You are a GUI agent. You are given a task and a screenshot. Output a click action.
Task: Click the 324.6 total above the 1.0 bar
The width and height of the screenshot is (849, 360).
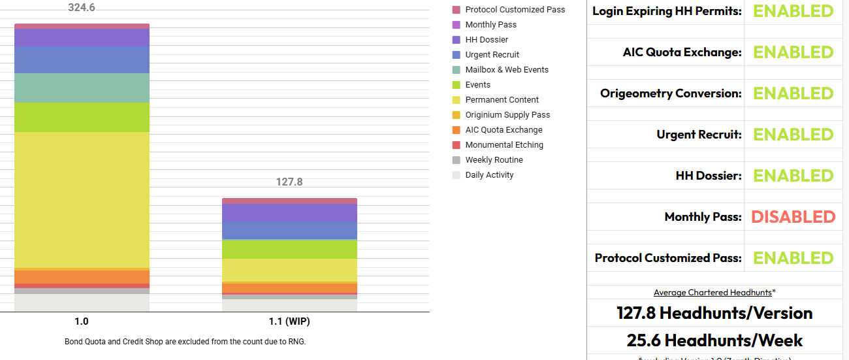pyautogui.click(x=82, y=8)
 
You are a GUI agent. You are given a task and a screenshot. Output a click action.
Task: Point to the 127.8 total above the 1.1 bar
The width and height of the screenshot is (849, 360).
pyautogui.click(x=289, y=182)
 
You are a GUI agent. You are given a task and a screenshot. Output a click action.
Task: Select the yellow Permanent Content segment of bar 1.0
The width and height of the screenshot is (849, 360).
pyautogui.click(x=82, y=199)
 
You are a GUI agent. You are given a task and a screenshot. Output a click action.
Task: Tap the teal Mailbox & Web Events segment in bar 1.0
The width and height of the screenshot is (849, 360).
pyautogui.click(x=82, y=88)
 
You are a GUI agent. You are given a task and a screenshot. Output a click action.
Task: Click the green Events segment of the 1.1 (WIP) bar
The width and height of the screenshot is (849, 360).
pyautogui.click(x=289, y=249)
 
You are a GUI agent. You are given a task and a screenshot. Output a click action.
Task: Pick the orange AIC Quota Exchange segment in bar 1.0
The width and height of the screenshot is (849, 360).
pyautogui.click(x=82, y=276)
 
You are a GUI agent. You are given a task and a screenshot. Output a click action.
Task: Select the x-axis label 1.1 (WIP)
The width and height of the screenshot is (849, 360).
pyautogui.click(x=289, y=322)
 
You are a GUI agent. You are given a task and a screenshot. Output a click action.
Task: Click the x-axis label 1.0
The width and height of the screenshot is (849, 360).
pyautogui.click(x=82, y=322)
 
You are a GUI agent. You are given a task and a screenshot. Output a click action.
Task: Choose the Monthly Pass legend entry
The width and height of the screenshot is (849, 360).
pyautogui.click(x=490, y=25)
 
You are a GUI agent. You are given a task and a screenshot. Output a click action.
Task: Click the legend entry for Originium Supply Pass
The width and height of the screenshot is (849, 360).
pyautogui.click(x=507, y=115)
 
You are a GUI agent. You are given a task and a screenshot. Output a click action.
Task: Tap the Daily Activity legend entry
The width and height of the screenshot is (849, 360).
pyautogui.click(x=489, y=175)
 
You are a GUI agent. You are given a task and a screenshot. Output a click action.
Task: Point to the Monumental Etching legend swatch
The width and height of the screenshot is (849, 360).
pyautogui.click(x=457, y=145)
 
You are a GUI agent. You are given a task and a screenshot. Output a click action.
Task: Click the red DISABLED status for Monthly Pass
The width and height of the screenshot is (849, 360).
pyautogui.click(x=793, y=217)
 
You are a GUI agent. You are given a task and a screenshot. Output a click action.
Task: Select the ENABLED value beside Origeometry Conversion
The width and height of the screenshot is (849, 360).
pyautogui.click(x=793, y=93)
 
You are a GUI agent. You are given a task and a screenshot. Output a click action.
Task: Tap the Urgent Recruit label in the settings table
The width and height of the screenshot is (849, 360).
pyautogui.click(x=699, y=135)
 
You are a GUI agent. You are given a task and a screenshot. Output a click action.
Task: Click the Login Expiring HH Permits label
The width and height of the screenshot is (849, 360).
pyautogui.click(x=667, y=11)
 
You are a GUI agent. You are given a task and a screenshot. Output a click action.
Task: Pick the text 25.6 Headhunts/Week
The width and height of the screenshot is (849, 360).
pyautogui.click(x=714, y=340)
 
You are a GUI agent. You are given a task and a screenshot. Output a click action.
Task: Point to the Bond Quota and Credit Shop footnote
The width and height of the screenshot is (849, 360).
pyautogui.click(x=185, y=342)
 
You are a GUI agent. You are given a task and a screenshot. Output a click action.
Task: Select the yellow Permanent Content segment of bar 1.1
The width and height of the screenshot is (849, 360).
pyautogui.click(x=289, y=270)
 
